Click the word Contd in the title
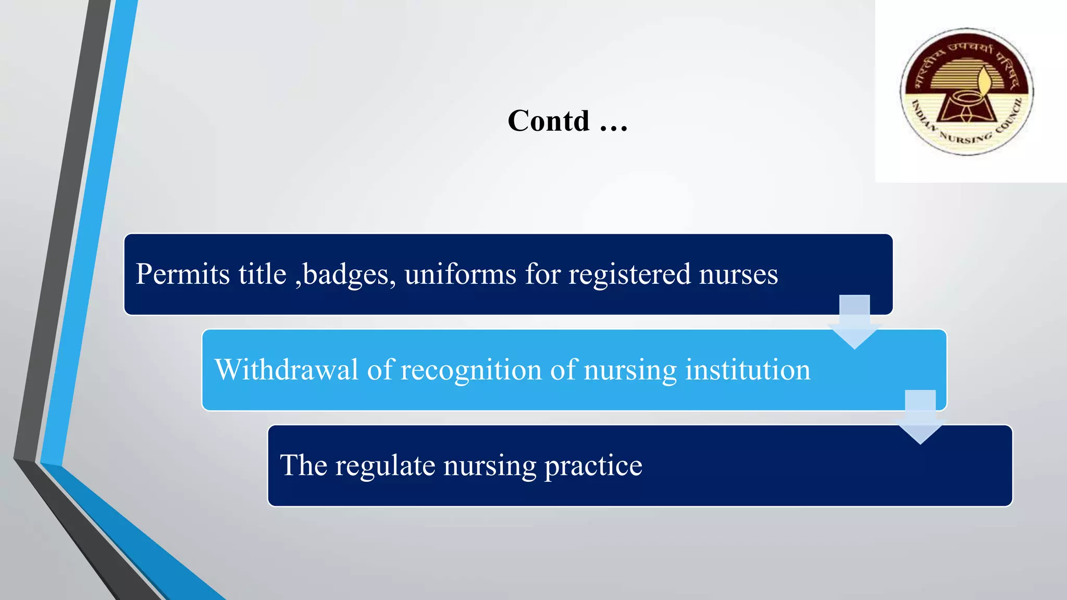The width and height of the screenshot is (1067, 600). point(549,121)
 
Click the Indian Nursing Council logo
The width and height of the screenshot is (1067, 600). point(967,92)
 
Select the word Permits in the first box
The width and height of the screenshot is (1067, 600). point(182,274)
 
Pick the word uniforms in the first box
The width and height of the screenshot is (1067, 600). point(460,274)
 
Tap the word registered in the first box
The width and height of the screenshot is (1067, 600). point(629,275)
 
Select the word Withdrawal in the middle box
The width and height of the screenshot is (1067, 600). point(286,370)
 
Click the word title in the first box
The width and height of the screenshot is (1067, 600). point(263,274)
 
